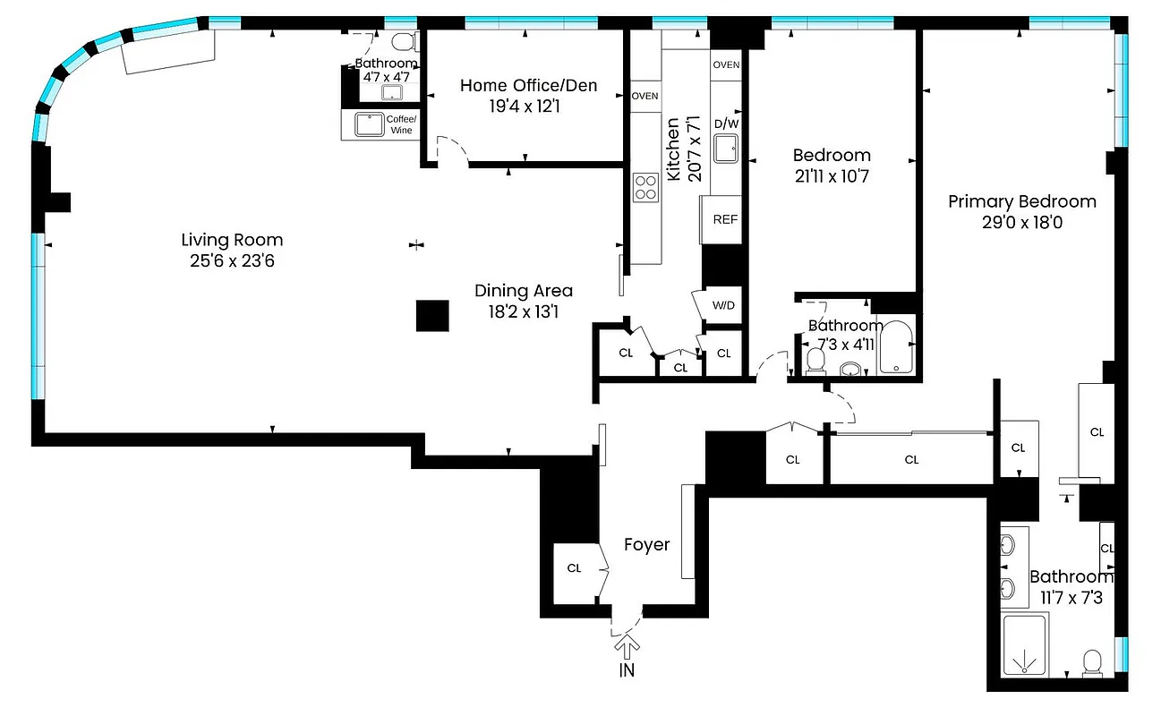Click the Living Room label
(x=232, y=240)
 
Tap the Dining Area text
(x=523, y=291)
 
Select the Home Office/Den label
(x=528, y=86)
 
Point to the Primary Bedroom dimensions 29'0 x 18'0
(x=1021, y=221)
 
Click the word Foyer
(x=646, y=545)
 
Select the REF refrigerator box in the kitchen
(x=724, y=219)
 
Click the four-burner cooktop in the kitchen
(x=645, y=187)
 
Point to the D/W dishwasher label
(x=725, y=124)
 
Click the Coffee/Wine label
(x=399, y=125)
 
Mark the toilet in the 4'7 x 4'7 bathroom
(x=404, y=42)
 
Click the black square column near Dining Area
(x=432, y=316)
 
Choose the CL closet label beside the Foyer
(x=574, y=568)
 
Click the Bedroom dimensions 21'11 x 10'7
(x=831, y=176)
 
